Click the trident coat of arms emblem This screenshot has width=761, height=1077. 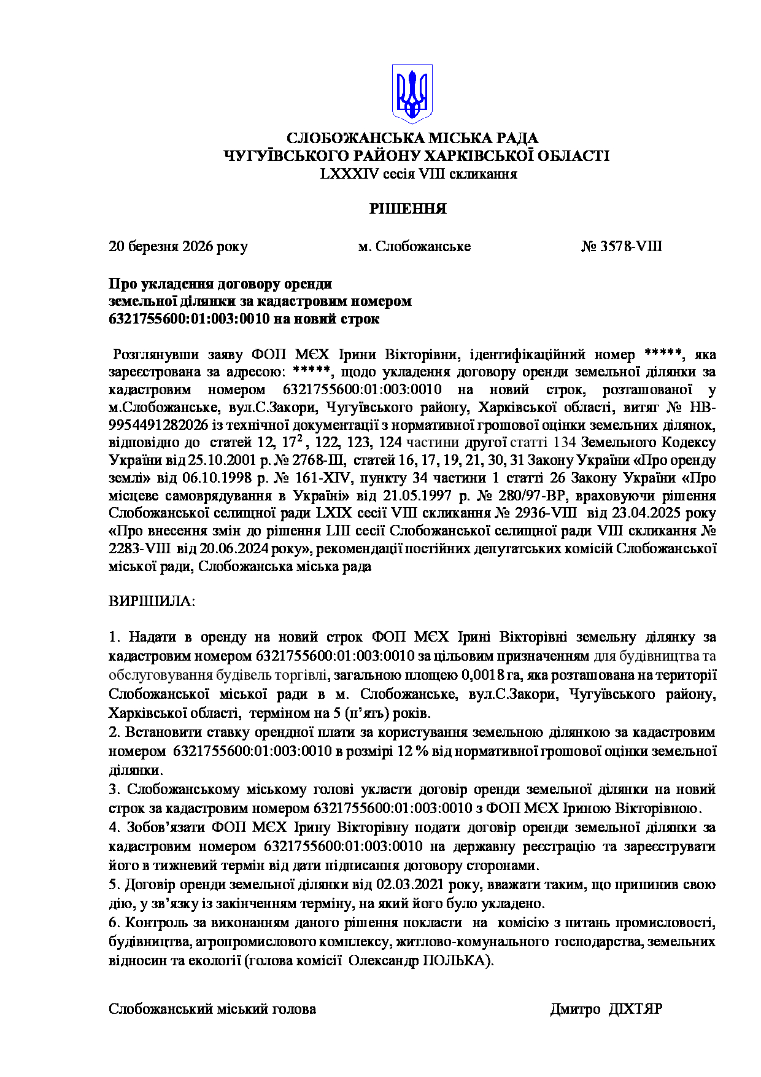pos(412,94)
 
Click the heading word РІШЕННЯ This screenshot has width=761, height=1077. pos(408,209)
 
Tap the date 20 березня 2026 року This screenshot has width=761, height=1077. pos(178,247)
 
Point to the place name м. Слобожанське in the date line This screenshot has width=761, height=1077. pos(414,247)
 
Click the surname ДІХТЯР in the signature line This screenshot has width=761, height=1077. pos(635,1009)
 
